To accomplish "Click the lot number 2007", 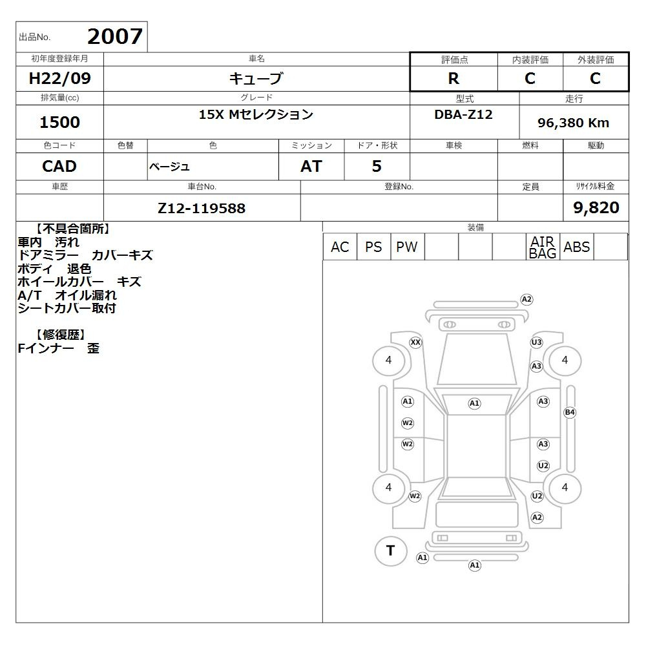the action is [115, 36].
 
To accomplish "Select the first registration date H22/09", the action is [59, 78].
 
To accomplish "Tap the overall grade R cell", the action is [453, 78].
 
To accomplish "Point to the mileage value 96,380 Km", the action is [573, 123].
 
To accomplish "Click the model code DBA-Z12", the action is [463, 114].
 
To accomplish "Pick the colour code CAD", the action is [59, 166].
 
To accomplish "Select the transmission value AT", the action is [311, 166].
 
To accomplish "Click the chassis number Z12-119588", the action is [202, 208].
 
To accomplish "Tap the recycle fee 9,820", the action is [596, 207].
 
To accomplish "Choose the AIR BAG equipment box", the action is [543, 247].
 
